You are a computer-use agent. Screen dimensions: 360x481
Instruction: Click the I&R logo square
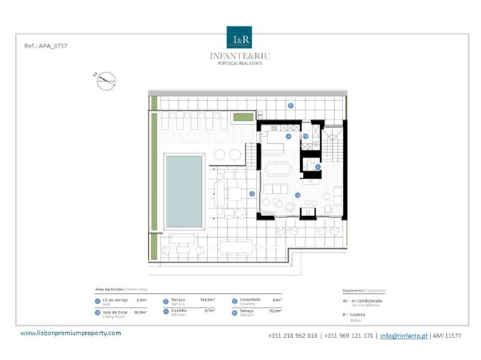click(239, 37)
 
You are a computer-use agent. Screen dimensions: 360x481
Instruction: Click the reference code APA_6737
click(45, 46)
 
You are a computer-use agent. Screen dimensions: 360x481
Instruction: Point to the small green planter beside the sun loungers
click(242, 118)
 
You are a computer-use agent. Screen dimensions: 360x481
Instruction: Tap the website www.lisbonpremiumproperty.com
click(70, 333)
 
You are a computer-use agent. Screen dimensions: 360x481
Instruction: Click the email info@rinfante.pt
click(404, 335)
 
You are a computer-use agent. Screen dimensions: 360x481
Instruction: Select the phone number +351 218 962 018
click(293, 335)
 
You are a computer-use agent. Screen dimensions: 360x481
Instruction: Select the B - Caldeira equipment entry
click(352, 315)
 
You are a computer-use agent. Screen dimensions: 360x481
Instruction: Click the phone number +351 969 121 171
click(349, 335)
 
